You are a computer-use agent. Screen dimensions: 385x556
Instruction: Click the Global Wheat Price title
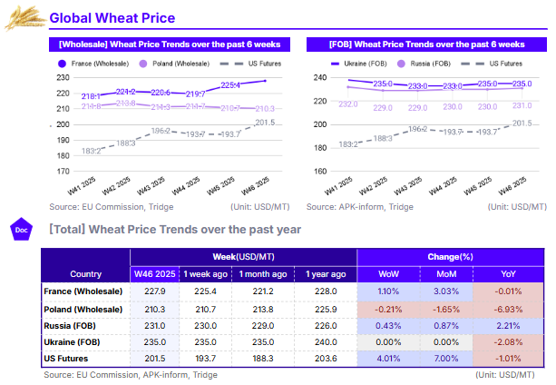(112, 18)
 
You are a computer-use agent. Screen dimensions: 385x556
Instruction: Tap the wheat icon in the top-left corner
(25, 16)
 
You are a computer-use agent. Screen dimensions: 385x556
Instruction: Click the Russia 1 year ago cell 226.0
(324, 326)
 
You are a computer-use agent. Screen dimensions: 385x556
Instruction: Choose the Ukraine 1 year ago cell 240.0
(324, 343)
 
